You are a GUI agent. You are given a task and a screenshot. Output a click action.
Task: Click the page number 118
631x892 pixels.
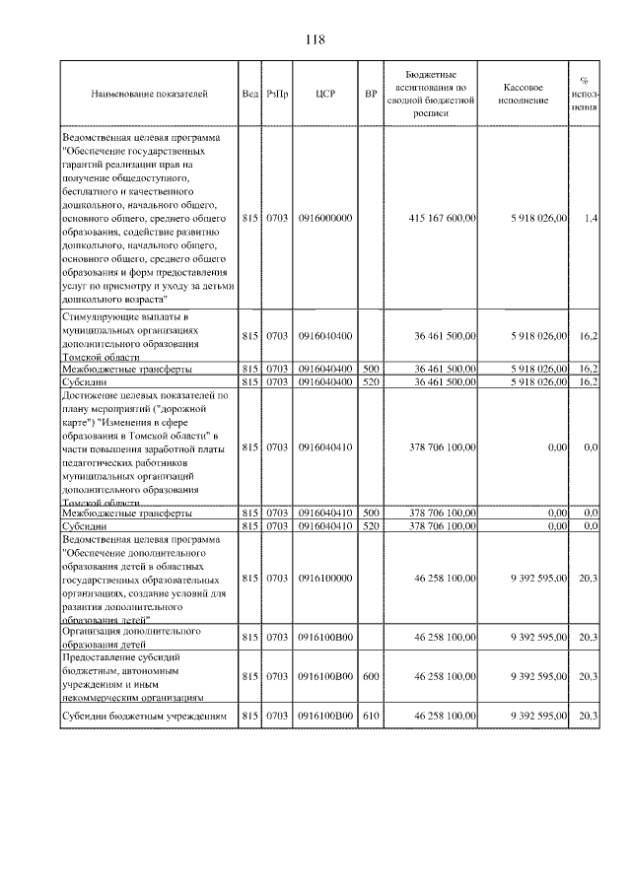tap(315, 39)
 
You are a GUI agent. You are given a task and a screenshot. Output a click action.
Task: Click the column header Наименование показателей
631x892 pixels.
tap(149, 94)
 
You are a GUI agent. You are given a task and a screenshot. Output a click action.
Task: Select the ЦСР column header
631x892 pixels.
tap(326, 94)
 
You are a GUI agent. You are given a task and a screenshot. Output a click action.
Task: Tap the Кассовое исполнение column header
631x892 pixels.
tap(531, 94)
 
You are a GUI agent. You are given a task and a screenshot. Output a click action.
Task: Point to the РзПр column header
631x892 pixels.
tap(277, 94)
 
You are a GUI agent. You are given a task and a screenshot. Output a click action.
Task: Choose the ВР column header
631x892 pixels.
tap(371, 94)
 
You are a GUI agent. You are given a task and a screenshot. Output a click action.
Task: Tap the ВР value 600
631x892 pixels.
tap(371, 675)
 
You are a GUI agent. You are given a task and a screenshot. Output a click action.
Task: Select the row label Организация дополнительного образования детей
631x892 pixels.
tap(131, 636)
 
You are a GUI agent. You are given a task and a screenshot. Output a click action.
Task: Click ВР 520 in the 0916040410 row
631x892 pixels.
tap(371, 526)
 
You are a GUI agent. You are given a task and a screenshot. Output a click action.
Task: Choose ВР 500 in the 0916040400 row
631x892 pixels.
tap(371, 368)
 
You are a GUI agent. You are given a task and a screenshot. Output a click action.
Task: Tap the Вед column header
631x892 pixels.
tap(249, 94)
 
